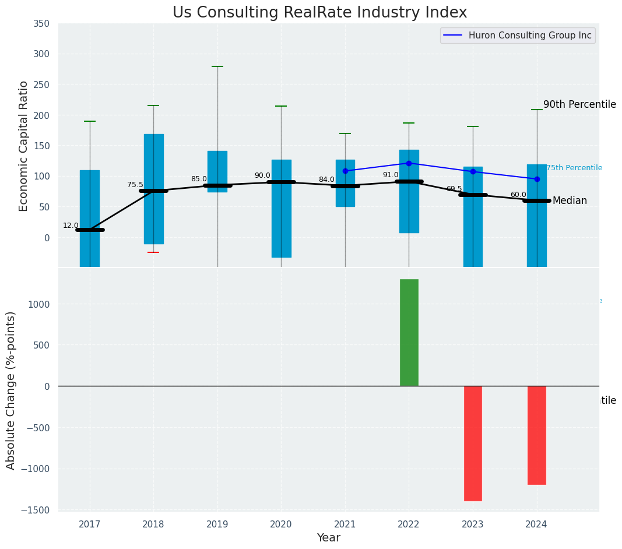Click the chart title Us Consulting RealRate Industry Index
pos(319,13)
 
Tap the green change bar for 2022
pos(409,332)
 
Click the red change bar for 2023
pos(473,443)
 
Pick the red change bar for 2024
pos(536,435)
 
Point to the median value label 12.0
pos(71,226)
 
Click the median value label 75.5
pos(135,185)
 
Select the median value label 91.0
pos(391,175)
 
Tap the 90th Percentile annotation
pos(579,104)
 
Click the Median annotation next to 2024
pos(570,200)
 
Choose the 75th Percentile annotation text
pos(574,168)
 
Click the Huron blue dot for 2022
pos(409,163)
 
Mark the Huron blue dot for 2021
pos(345,171)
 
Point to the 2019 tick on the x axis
pos(217,525)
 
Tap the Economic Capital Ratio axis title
pos(24,146)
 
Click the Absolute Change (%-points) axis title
pos(11,390)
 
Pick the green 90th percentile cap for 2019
pos(217,66)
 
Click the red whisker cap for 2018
pos(153,252)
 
